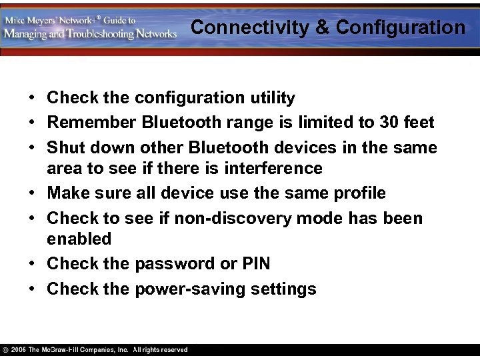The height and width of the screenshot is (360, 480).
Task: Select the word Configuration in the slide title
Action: click(401, 27)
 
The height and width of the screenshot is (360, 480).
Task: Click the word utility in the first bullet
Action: click(273, 98)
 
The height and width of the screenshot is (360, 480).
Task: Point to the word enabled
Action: click(79, 239)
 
